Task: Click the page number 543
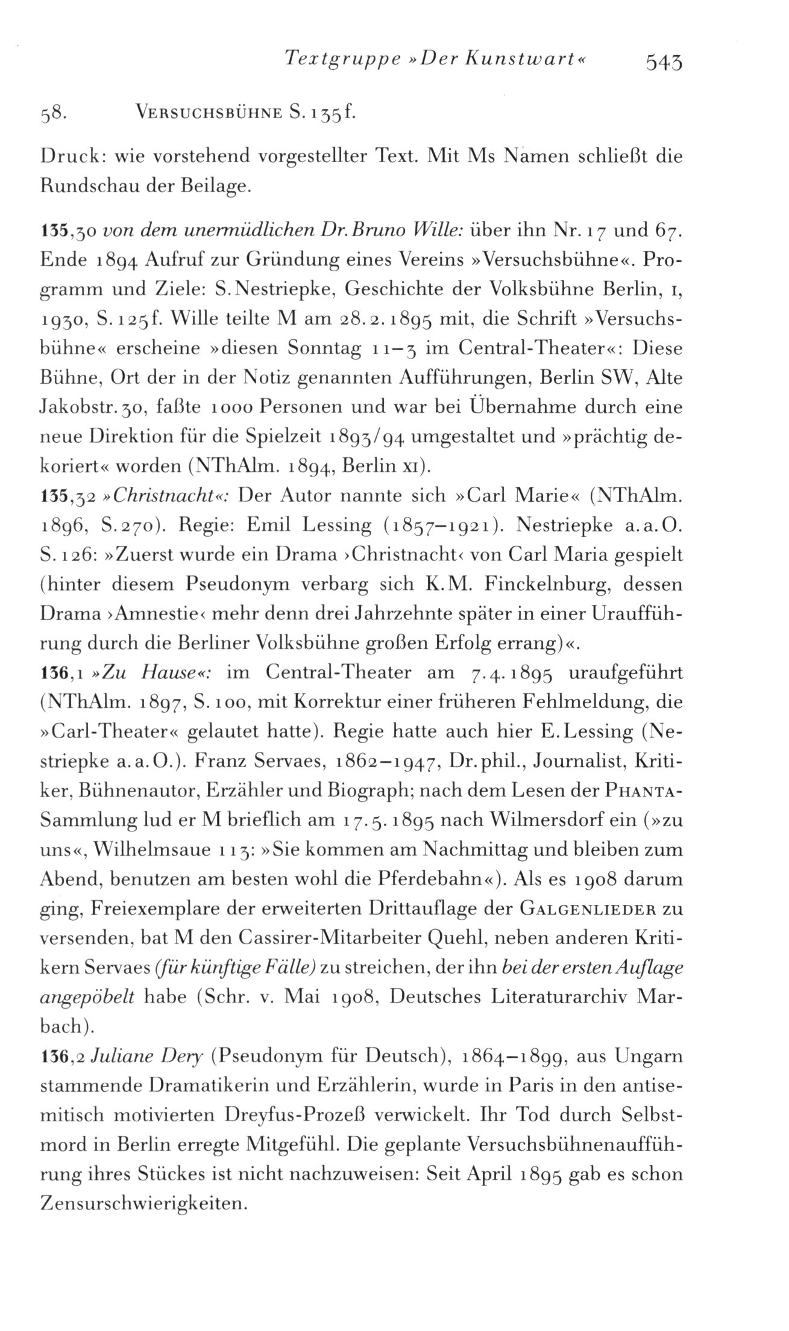[x=663, y=61]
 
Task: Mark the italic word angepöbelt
[x=87, y=997]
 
